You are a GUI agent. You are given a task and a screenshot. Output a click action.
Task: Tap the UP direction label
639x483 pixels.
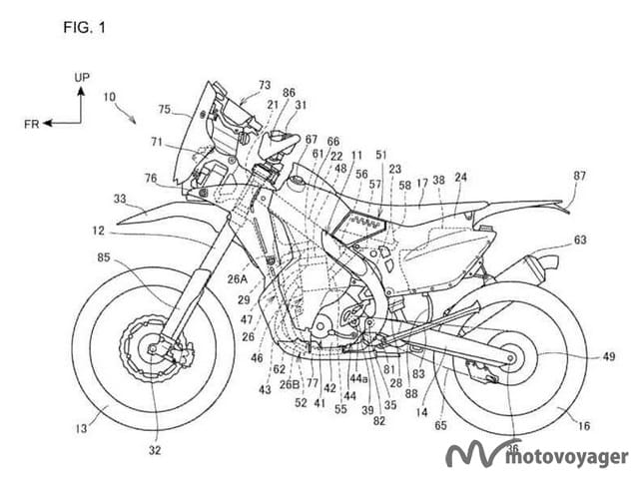[x=84, y=76]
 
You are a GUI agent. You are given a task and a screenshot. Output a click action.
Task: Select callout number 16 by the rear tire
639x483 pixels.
[x=583, y=426]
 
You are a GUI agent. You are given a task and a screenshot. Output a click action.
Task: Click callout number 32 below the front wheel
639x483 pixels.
[x=155, y=450]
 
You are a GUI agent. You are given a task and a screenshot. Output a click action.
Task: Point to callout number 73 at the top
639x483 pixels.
[x=264, y=85]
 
